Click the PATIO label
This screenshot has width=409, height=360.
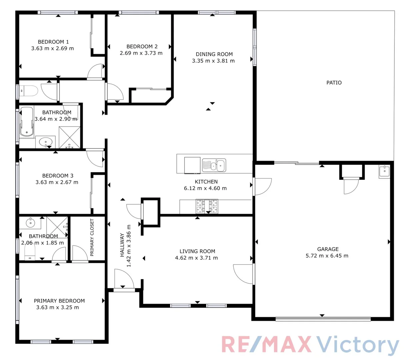click(x=334, y=83)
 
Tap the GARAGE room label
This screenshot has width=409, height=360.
click(x=328, y=249)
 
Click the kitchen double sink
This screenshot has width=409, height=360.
click(x=214, y=165)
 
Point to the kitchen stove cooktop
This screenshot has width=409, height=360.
click(x=207, y=206)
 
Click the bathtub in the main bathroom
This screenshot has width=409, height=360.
click(x=27, y=122)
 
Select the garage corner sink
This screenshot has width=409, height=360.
click(x=384, y=171)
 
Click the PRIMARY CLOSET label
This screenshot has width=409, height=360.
click(x=92, y=237)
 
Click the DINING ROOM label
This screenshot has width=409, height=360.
click(x=214, y=54)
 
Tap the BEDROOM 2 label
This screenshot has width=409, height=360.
click(x=142, y=46)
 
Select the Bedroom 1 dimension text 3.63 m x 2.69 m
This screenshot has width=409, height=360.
click(x=53, y=48)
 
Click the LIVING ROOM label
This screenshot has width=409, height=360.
click(x=197, y=251)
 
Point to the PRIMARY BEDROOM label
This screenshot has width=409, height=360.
click(x=59, y=301)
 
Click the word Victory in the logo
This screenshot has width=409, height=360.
click(x=357, y=345)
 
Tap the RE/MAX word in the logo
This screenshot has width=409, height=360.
click(x=266, y=345)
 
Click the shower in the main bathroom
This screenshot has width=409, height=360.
click(x=70, y=137)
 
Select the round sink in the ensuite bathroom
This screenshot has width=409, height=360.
click(x=31, y=223)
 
